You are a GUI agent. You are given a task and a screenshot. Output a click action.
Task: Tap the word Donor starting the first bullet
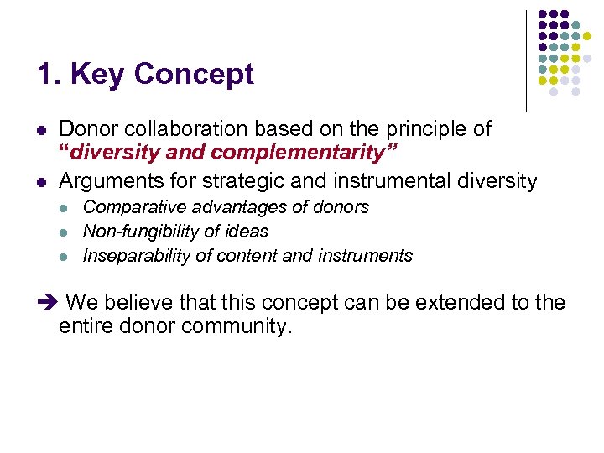86,129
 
